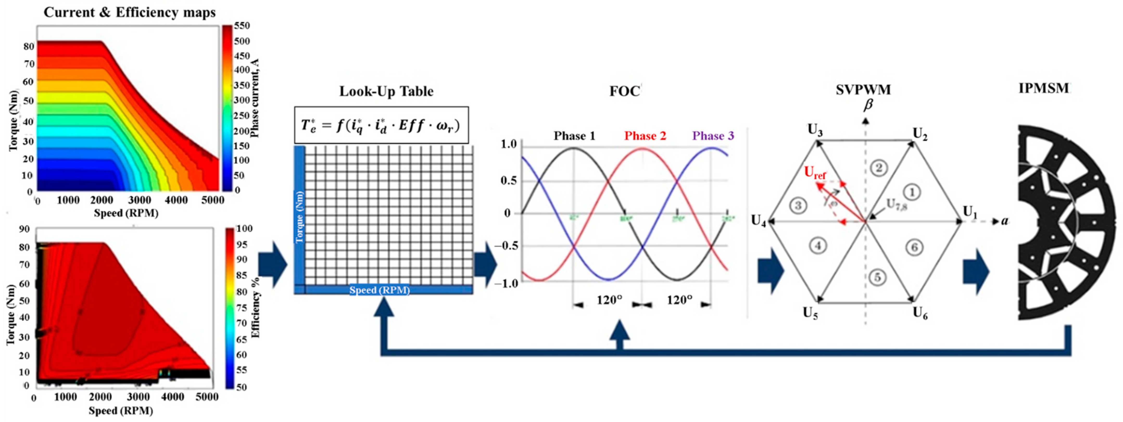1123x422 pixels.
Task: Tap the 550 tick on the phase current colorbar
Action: pos(242,26)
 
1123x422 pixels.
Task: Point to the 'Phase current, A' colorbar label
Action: pos(255,98)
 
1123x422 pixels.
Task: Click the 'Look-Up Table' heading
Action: pos(386,92)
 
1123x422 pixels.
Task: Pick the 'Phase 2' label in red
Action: pos(645,136)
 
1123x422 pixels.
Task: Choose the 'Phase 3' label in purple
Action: pos(713,136)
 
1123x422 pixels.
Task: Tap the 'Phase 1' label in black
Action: pos(574,136)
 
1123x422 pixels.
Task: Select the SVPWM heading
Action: pos(863,90)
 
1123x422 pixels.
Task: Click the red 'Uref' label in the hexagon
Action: pos(815,173)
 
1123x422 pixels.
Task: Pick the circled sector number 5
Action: pos(878,277)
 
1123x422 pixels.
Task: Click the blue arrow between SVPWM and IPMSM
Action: pos(976,271)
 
